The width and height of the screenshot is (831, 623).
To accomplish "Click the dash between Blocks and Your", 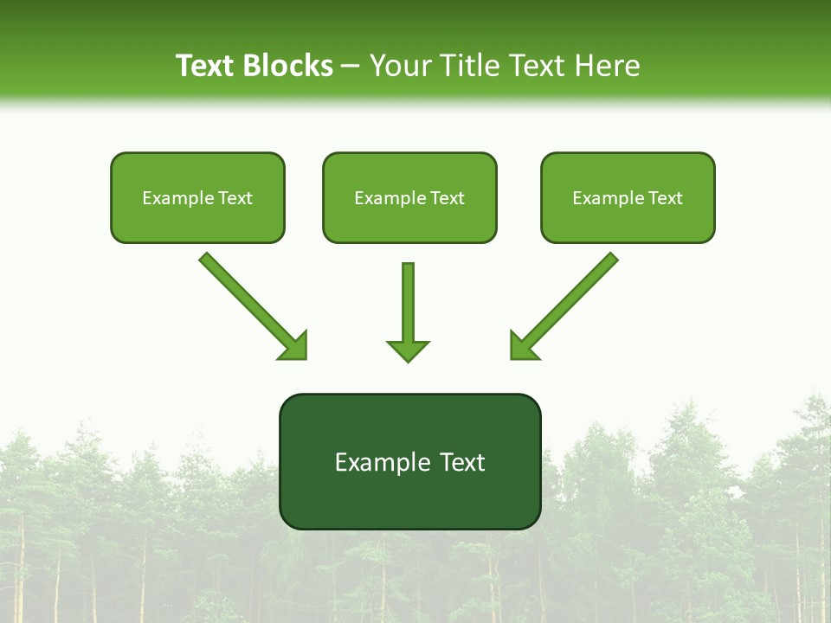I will (351, 67).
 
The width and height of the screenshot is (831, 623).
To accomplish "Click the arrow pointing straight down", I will (408, 303).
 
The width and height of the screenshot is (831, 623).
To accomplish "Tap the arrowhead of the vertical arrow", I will (408, 350).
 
